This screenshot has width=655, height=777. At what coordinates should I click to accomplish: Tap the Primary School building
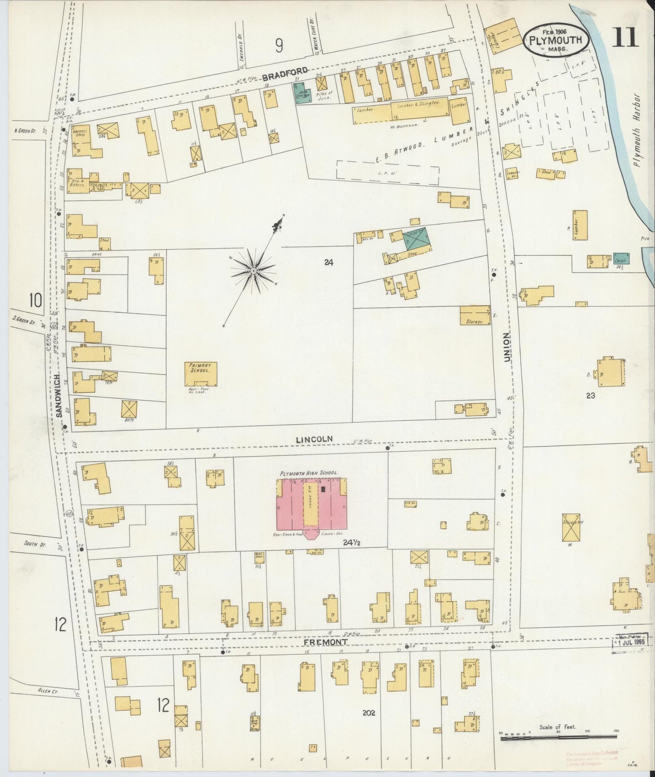(x=200, y=374)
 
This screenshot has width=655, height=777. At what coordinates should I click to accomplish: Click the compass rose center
(x=254, y=271)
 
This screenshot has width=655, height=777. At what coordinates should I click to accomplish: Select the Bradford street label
(x=286, y=73)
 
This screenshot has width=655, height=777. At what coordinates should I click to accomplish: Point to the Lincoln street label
(x=314, y=439)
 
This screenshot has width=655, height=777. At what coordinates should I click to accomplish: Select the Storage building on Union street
(x=475, y=315)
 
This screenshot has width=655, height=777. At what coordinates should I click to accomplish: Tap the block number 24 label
(x=329, y=262)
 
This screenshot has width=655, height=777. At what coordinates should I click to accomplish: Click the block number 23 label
(x=590, y=395)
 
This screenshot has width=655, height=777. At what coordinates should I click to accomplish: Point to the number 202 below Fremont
(x=369, y=713)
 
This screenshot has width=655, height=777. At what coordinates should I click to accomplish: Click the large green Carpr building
(x=415, y=239)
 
